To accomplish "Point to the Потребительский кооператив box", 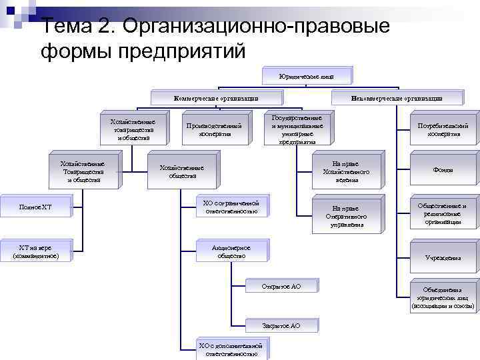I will pyautogui.click(x=443, y=129).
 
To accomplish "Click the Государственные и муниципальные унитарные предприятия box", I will pyautogui.click(x=297, y=129).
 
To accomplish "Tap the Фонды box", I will pyautogui.click(x=443, y=170).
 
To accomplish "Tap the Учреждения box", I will pyautogui.click(x=443, y=257).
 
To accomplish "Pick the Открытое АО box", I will pyautogui.click(x=282, y=286).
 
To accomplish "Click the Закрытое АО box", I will pyautogui.click(x=281, y=325).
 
